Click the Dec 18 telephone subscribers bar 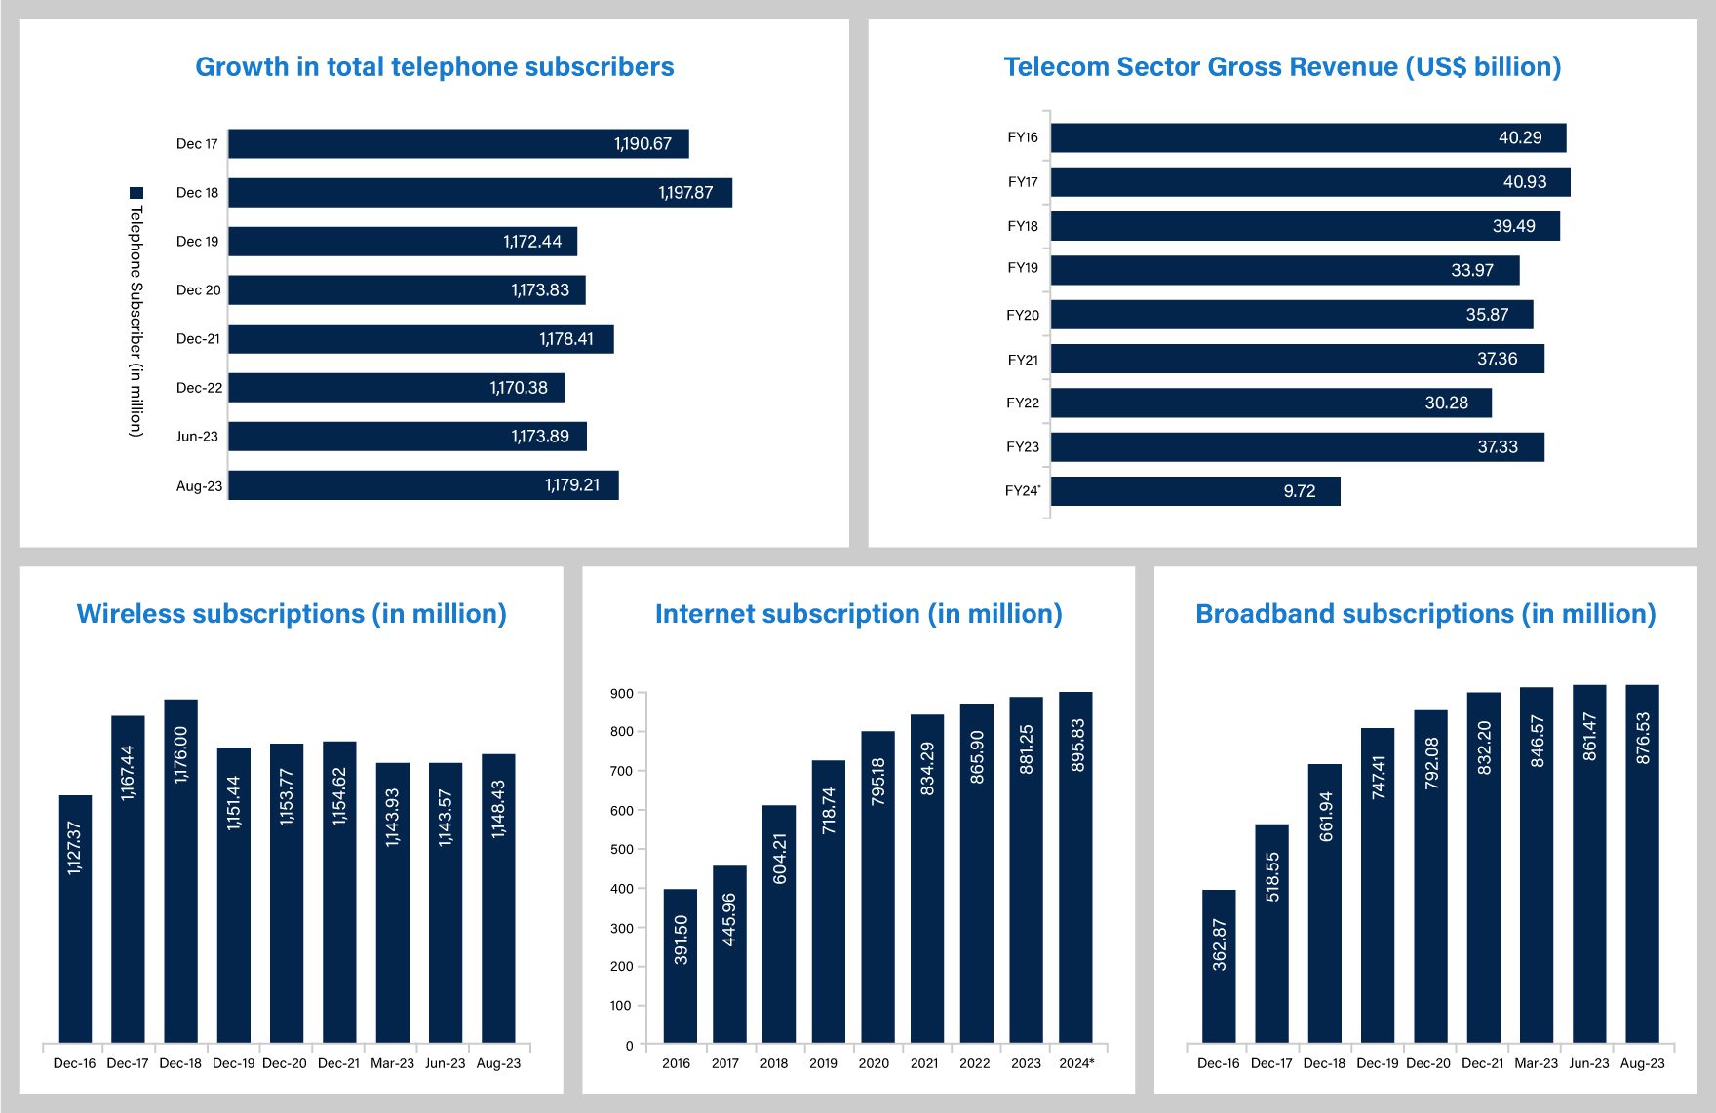pyautogui.click(x=480, y=193)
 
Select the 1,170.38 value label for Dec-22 pyautogui.click(x=519, y=388)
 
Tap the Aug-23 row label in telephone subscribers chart pyautogui.click(x=199, y=486)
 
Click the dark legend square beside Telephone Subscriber pyautogui.click(x=136, y=193)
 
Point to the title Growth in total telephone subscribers pyautogui.click(x=434, y=67)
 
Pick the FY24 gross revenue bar pyautogui.click(x=1195, y=491)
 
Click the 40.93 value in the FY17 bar pyautogui.click(x=1525, y=182)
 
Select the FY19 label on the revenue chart pyautogui.click(x=1023, y=268)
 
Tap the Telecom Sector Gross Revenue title pyautogui.click(x=1282, y=67)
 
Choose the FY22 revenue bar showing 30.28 pyautogui.click(x=1270, y=403)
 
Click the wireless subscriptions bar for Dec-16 pyautogui.click(x=75, y=918)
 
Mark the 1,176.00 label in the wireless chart pyautogui.click(x=180, y=754)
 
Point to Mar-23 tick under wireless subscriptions pyautogui.click(x=392, y=1063)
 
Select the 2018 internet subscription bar pyautogui.click(x=779, y=923)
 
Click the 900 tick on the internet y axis pyautogui.click(x=621, y=694)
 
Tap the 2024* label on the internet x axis pyautogui.click(x=1076, y=1063)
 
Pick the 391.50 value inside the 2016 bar pyautogui.click(x=681, y=940)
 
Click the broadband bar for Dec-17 pyautogui.click(x=1271, y=933)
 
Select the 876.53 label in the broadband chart pyautogui.click(x=1643, y=738)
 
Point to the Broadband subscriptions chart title pyautogui.click(x=1425, y=614)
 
